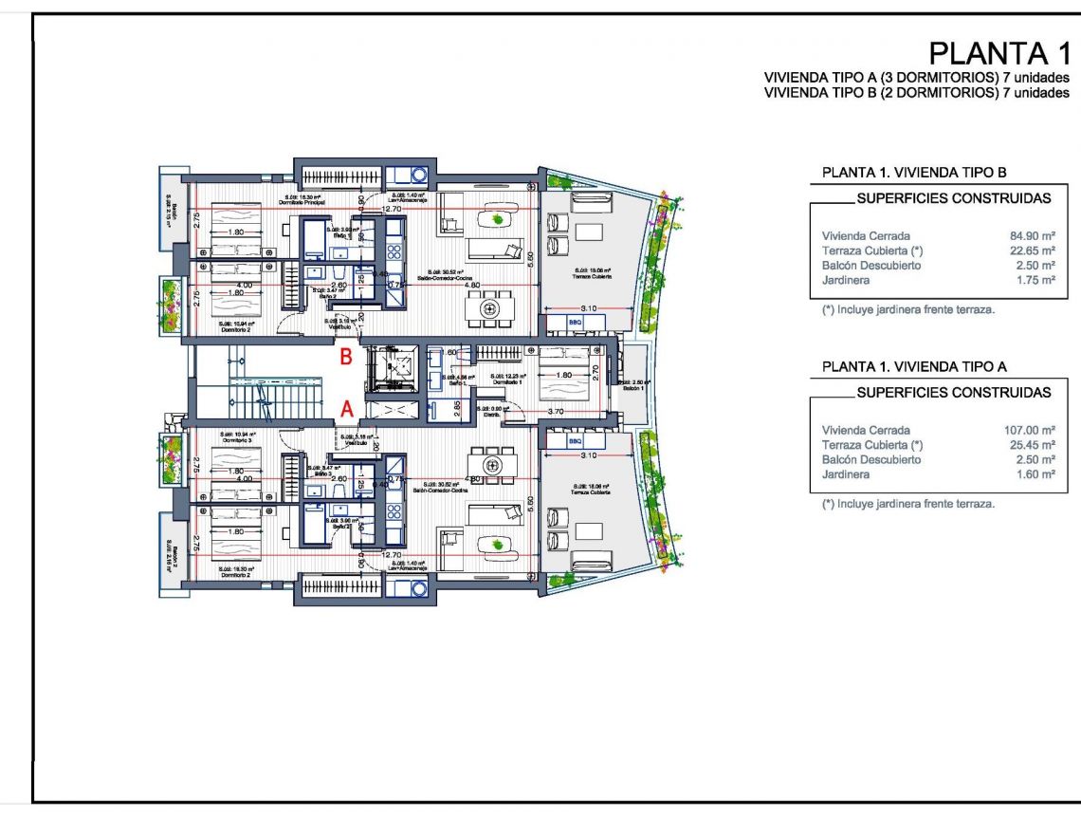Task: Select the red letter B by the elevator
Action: (x=347, y=358)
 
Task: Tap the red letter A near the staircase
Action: (x=348, y=408)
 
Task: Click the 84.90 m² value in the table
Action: (x=1033, y=235)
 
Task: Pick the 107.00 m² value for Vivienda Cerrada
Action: (x=1029, y=430)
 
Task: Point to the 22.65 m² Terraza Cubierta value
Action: (x=1033, y=250)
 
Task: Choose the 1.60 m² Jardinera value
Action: (x=1035, y=474)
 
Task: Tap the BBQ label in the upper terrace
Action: (x=575, y=323)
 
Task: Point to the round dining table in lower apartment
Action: (x=491, y=465)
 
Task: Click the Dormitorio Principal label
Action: (x=302, y=203)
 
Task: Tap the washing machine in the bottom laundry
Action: (x=419, y=586)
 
